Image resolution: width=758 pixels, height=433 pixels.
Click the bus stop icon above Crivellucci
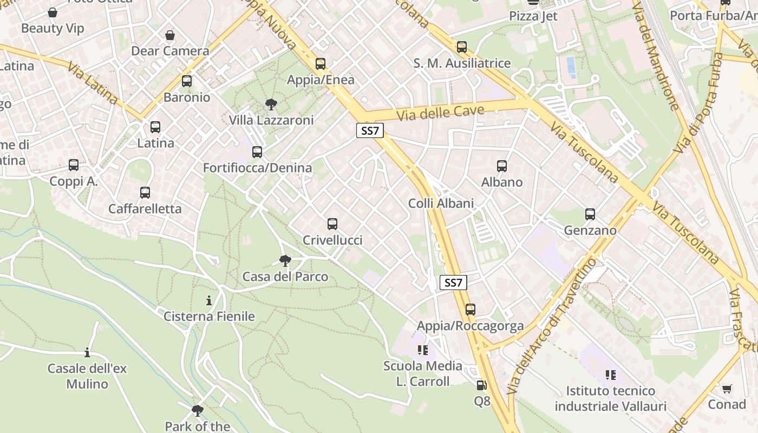tap(332, 224)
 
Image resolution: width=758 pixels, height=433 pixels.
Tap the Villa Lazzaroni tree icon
tap(271, 104)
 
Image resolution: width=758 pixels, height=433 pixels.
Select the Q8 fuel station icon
tap(481, 385)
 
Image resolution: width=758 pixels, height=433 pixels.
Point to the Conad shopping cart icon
tap(727, 389)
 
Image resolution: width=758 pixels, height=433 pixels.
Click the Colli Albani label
tap(441, 204)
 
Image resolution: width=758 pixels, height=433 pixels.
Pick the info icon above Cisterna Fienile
tap(209, 300)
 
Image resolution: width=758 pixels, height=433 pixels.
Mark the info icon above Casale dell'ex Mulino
tap(87, 353)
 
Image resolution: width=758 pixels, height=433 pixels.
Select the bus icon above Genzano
tap(590, 214)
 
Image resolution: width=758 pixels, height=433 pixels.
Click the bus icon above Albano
tap(502, 166)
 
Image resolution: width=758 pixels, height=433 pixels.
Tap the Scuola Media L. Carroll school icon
tap(423, 350)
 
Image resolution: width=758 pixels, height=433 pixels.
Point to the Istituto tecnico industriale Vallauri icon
tap(611, 375)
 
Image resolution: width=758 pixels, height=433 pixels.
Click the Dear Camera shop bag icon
tap(170, 35)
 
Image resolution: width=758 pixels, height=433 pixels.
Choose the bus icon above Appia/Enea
tap(321, 64)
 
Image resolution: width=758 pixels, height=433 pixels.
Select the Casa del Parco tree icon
tap(285, 261)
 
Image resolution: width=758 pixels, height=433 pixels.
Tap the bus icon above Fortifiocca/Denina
tap(257, 152)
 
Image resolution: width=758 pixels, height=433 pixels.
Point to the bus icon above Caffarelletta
tap(145, 193)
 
